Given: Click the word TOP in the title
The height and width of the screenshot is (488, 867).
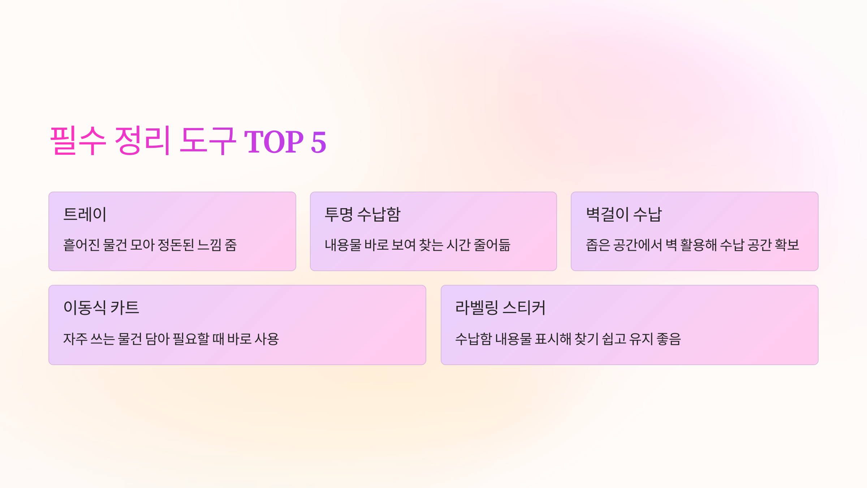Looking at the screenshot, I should pyautogui.click(x=274, y=142).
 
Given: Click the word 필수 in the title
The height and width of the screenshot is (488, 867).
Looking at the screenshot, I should pyautogui.click(x=78, y=141).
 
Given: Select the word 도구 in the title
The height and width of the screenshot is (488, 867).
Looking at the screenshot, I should pyautogui.click(x=208, y=141).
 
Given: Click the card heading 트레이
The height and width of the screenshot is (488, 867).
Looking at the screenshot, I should pyautogui.click(x=85, y=214).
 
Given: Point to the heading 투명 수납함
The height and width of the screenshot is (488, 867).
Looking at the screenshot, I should pyautogui.click(x=363, y=214).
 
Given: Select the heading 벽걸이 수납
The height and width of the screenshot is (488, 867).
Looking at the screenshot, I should pyautogui.click(x=624, y=214).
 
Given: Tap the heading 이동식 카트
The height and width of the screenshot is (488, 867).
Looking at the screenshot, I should pyautogui.click(x=101, y=308).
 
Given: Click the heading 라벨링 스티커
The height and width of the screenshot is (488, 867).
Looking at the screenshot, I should pyautogui.click(x=500, y=308).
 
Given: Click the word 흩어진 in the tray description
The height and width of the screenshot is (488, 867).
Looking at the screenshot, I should pyautogui.click(x=81, y=245).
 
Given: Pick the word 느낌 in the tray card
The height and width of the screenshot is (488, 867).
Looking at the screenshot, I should pyautogui.click(x=210, y=245).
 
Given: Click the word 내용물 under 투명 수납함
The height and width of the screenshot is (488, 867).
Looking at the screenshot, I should pyautogui.click(x=343, y=245).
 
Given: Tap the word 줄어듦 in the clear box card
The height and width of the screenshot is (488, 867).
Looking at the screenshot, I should pyautogui.click(x=492, y=245).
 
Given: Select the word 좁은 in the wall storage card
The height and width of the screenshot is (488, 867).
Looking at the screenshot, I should pyautogui.click(x=598, y=245).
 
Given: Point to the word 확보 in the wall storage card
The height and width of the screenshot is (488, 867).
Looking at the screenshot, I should pyautogui.click(x=787, y=245).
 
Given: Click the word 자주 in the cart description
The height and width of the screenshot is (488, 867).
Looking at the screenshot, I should pyautogui.click(x=75, y=339).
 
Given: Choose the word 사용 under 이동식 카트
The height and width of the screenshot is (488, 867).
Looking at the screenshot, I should pyautogui.click(x=267, y=339).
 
